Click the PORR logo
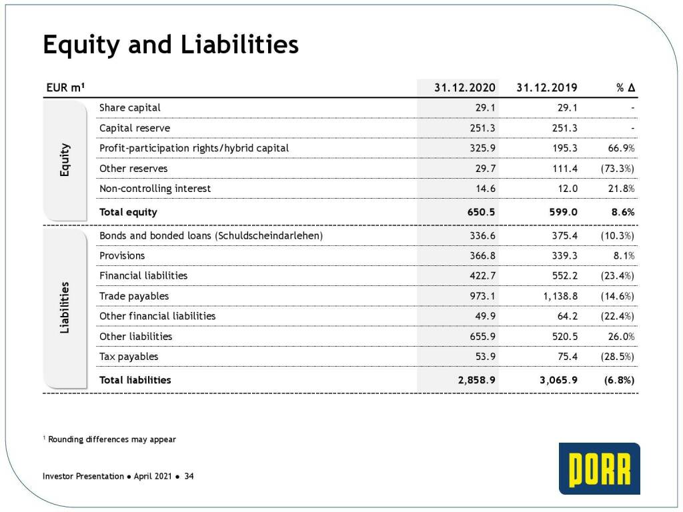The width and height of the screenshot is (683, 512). [599, 469]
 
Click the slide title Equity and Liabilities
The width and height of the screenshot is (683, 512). [170, 45]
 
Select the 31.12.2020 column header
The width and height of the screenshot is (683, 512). [465, 87]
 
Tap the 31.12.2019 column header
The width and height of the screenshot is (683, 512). [547, 87]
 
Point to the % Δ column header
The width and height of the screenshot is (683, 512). [625, 87]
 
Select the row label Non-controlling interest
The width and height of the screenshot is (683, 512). [155, 189]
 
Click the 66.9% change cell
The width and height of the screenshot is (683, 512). [620, 148]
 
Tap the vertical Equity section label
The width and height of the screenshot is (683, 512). [65, 161]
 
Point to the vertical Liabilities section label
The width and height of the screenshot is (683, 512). [65, 308]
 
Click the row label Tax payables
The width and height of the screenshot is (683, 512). [129, 357]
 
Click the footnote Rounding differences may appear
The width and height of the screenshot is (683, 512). [111, 439]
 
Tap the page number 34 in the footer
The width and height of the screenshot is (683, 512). [189, 476]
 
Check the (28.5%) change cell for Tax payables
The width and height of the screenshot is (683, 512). [618, 357]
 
